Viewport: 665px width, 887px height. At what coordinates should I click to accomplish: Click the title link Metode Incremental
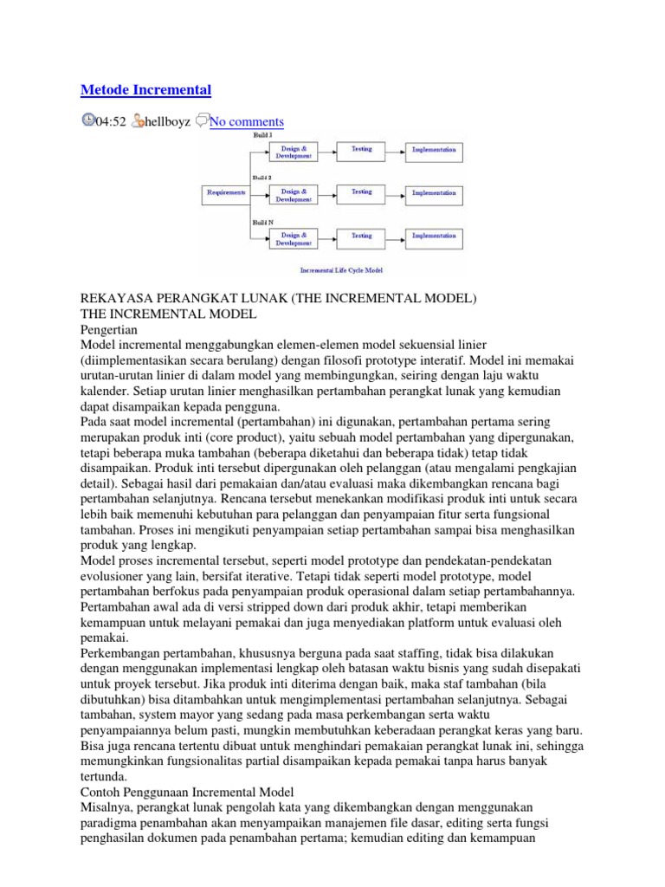145,89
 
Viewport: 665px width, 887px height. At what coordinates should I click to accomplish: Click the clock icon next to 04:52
87,121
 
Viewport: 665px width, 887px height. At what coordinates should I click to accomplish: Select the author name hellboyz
167,122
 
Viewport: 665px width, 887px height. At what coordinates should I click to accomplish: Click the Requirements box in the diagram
224,193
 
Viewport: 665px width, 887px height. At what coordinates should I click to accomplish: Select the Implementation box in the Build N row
434,237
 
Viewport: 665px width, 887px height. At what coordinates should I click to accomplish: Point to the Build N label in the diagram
262,222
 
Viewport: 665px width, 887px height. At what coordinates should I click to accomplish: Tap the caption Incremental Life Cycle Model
341,269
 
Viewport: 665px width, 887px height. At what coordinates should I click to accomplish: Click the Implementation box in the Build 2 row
434,194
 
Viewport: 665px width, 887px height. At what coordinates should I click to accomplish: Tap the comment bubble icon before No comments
201,121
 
